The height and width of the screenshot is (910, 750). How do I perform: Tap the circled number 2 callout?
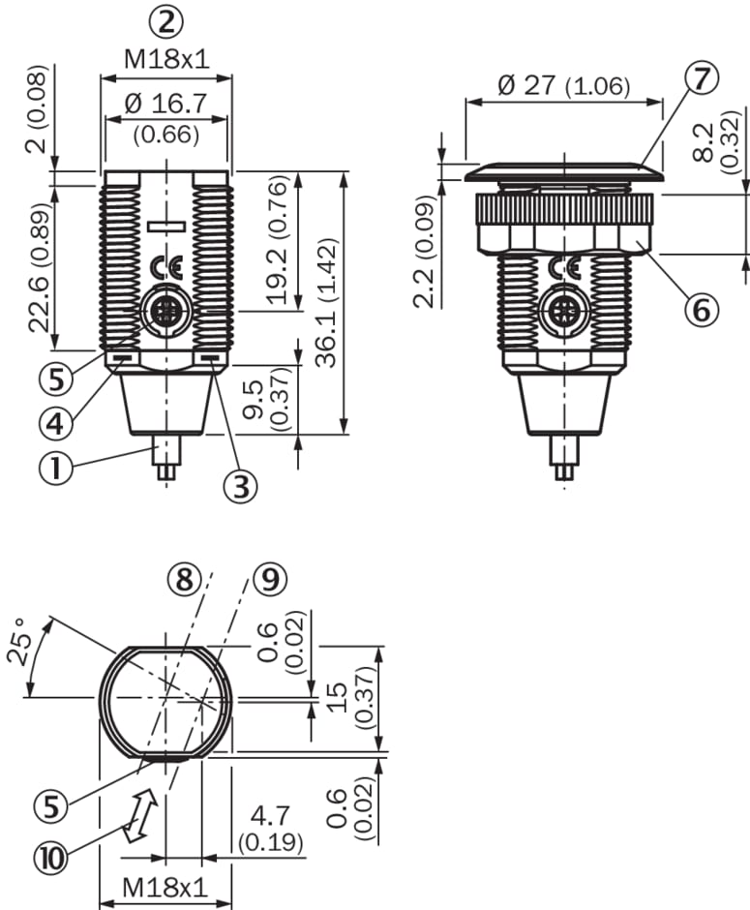(x=166, y=21)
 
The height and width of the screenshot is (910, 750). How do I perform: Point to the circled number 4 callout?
(x=55, y=422)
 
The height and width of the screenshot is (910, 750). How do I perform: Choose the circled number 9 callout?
(x=270, y=579)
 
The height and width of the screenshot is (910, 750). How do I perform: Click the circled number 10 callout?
(x=53, y=856)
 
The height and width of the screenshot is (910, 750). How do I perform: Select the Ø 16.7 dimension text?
(x=166, y=101)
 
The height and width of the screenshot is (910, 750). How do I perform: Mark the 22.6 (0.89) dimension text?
(x=39, y=268)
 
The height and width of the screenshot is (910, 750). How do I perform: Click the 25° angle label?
(x=29, y=641)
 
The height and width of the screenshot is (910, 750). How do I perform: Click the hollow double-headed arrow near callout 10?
(x=141, y=814)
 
